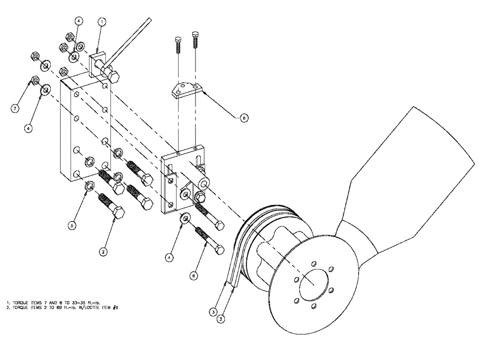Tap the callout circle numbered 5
click(x=72, y=225)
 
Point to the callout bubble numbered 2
click(x=103, y=251)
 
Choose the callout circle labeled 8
click(x=193, y=275)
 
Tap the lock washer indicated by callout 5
click(x=89, y=186)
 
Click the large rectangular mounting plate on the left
click(x=85, y=131)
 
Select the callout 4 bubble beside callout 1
click(x=79, y=21)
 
